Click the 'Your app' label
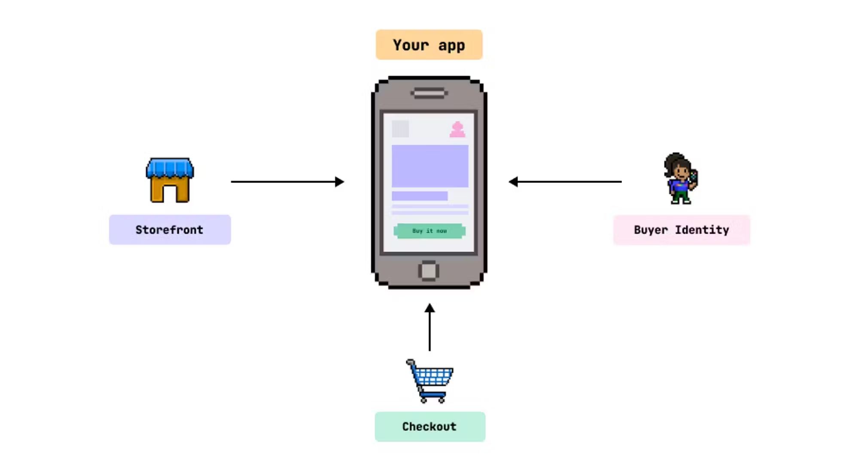pyautogui.click(x=429, y=45)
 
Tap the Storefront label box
pyautogui.click(x=170, y=230)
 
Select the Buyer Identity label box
pyautogui.click(x=681, y=230)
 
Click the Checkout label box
pyautogui.click(x=429, y=426)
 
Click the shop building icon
pyautogui.click(x=170, y=180)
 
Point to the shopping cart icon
pyautogui.click(x=430, y=381)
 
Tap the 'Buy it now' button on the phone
pyautogui.click(x=429, y=231)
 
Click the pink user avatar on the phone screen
pyautogui.click(x=457, y=129)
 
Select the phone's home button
pyautogui.click(x=428, y=271)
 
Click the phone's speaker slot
pyautogui.click(x=429, y=93)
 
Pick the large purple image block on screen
pyautogui.click(x=429, y=166)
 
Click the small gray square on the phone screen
pyautogui.click(x=400, y=129)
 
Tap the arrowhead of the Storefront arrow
pyautogui.click(x=340, y=182)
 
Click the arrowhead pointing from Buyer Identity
pyautogui.click(x=513, y=182)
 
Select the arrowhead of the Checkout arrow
pyautogui.click(x=429, y=308)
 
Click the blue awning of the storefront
pyautogui.click(x=170, y=167)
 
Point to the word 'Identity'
pyautogui.click(x=702, y=230)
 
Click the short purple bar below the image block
pyautogui.click(x=420, y=196)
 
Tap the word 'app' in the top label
pyautogui.click(x=451, y=45)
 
